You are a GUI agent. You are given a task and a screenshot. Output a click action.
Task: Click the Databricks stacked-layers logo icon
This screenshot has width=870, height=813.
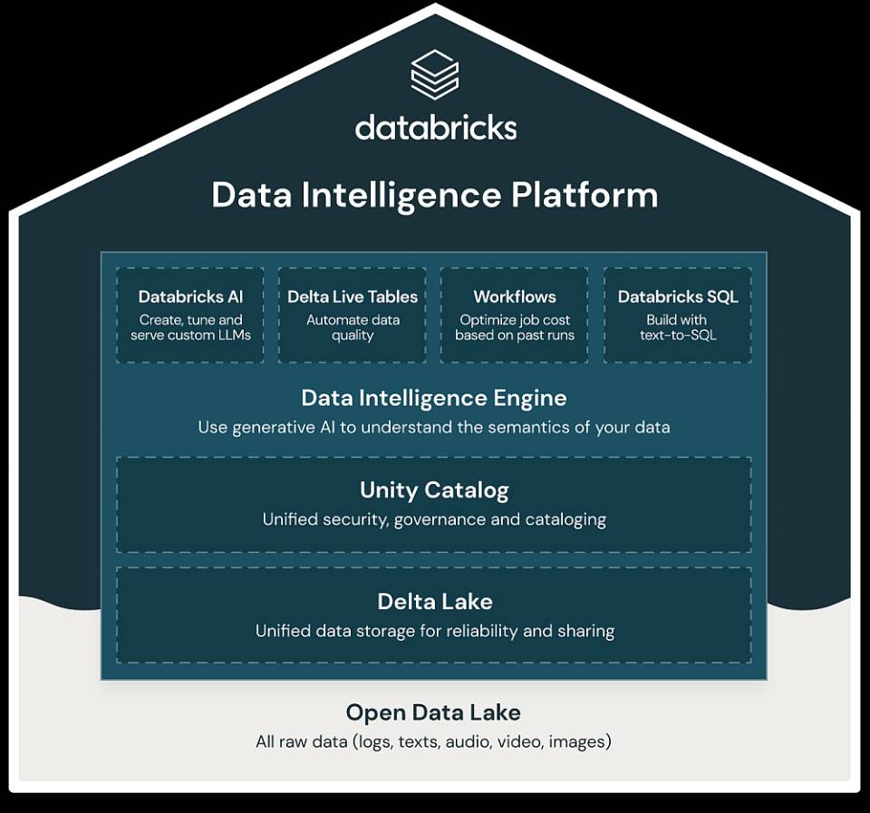click(x=434, y=74)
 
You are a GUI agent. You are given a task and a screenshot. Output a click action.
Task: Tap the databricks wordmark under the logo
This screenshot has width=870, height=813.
click(x=436, y=127)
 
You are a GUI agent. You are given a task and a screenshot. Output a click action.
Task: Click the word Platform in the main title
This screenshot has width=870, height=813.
click(x=585, y=196)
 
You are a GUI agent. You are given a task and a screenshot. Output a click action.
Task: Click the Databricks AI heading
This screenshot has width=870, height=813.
click(x=190, y=297)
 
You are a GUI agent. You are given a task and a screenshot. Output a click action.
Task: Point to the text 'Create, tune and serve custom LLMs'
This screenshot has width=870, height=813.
click(x=190, y=327)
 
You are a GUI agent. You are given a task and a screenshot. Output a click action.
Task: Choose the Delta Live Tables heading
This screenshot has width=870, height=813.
click(x=353, y=297)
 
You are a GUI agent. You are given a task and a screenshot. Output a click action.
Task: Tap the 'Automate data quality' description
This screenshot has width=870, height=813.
click(x=353, y=327)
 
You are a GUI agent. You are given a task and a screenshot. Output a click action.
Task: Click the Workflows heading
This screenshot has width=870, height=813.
click(x=515, y=297)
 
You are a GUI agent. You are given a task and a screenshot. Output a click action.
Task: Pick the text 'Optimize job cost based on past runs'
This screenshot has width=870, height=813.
click(x=515, y=327)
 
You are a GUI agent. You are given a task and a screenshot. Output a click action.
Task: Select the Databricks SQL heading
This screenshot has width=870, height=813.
click(x=678, y=297)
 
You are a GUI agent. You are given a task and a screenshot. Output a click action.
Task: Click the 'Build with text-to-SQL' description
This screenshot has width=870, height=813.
click(x=678, y=327)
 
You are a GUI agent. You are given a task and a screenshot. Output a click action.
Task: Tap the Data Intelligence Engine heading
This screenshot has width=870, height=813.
click(x=434, y=398)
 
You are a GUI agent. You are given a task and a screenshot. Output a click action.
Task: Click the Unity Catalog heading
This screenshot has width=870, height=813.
click(x=434, y=490)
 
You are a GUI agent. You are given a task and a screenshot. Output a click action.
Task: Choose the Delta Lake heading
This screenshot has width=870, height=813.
click(x=434, y=602)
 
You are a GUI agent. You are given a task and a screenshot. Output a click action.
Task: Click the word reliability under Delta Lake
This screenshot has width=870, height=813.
click(x=482, y=631)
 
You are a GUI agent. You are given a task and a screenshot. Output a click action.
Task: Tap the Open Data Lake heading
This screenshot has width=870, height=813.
click(x=433, y=712)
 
